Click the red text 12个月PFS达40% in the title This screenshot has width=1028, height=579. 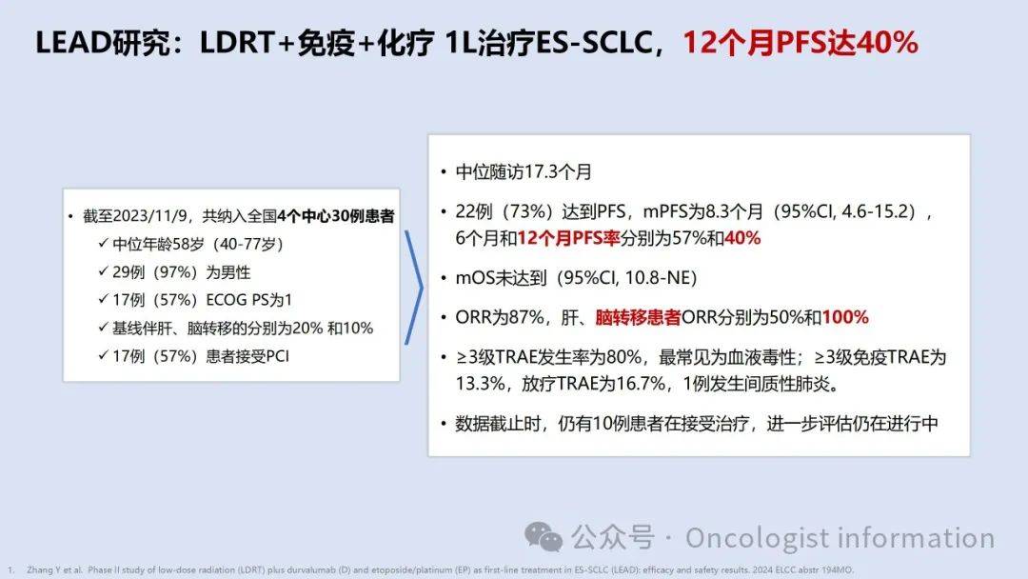(x=800, y=42)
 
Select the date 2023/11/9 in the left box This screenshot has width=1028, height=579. (x=150, y=216)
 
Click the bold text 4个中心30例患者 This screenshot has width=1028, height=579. (x=336, y=216)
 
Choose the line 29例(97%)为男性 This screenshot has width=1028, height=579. (x=181, y=272)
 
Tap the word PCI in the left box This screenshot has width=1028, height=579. (x=277, y=356)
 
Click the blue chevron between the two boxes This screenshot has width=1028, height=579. (x=414, y=287)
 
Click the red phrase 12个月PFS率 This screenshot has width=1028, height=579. (x=568, y=238)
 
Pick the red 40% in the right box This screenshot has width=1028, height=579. (x=742, y=238)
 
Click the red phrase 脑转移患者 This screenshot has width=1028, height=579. (x=638, y=317)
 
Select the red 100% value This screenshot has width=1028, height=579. (x=845, y=317)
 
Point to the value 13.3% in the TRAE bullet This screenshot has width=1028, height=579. (x=481, y=384)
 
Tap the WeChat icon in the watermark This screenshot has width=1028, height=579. (x=544, y=537)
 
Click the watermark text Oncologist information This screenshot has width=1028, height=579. (x=840, y=538)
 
